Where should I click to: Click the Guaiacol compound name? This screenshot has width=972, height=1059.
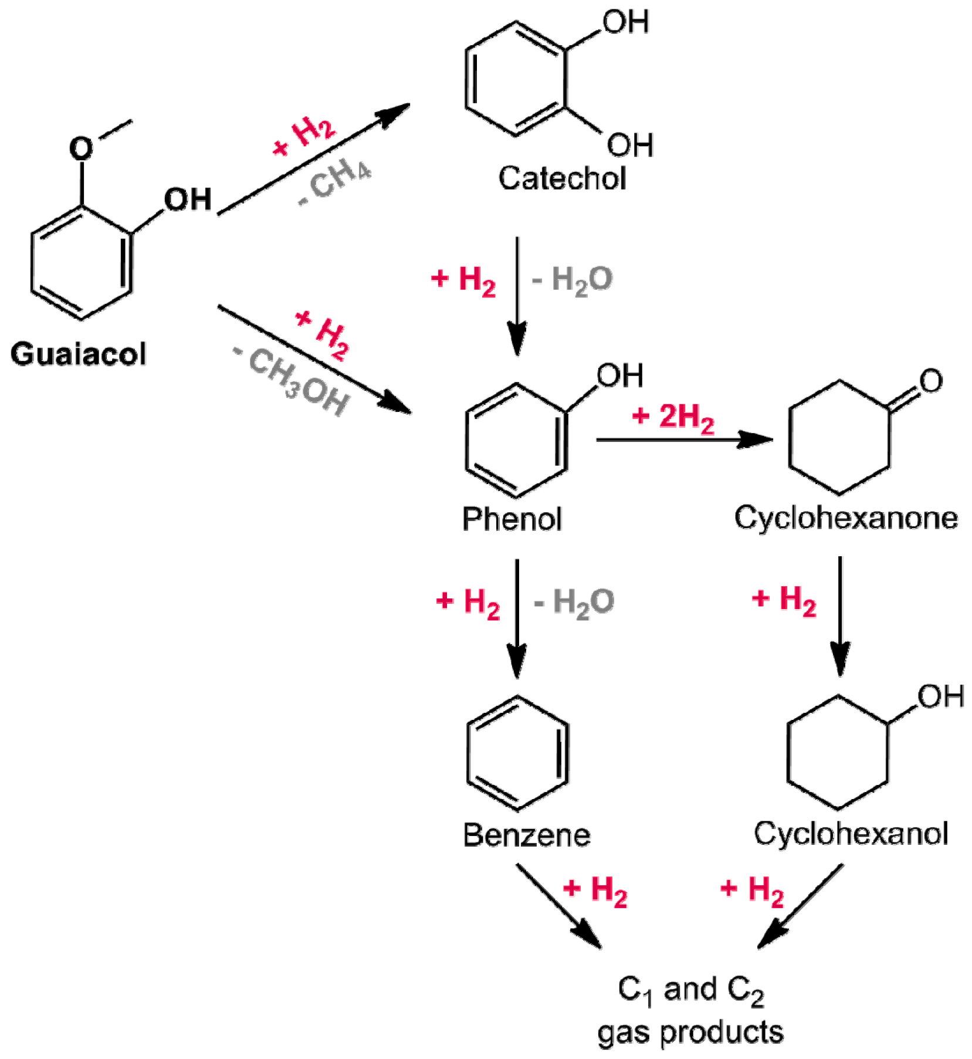tap(78, 354)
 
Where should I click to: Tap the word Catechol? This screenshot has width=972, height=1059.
tap(561, 178)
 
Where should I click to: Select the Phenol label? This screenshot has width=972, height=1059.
tap(512, 519)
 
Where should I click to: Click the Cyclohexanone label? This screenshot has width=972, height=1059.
tap(845, 518)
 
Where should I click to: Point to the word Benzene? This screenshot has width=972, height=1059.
tap(526, 834)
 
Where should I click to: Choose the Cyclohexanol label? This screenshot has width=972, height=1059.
tap(850, 833)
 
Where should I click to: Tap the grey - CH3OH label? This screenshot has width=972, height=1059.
tap(292, 382)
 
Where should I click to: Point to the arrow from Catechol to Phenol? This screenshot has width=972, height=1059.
tap(517, 293)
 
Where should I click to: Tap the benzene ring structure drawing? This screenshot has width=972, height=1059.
tap(517, 753)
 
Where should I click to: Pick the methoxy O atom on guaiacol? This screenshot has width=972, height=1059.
tap(81, 148)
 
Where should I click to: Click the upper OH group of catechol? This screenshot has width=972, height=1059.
tap(625, 22)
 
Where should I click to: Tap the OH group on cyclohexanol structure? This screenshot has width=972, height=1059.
tap(940, 696)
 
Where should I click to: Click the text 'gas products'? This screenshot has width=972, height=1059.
tap(690, 1032)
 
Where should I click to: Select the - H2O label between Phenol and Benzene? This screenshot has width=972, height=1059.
tap(574, 603)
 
